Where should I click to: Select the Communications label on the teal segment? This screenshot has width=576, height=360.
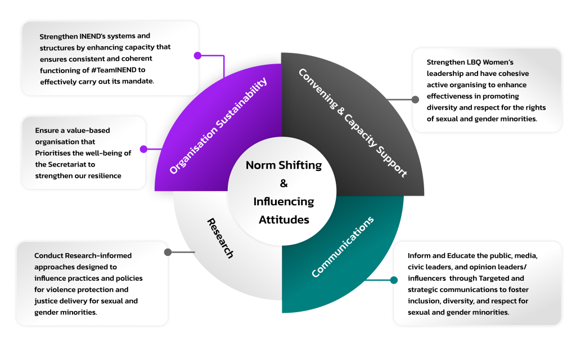click(343, 247)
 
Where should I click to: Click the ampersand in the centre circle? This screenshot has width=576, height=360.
click(283, 183)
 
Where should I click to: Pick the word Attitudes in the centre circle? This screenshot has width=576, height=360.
click(283, 219)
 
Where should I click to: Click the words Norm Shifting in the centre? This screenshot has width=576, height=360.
click(283, 165)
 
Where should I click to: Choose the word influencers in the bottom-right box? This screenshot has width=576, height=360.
click(431, 278)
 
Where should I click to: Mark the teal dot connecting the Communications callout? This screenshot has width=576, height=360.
click(394, 280)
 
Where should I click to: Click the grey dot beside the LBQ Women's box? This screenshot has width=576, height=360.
click(415, 100)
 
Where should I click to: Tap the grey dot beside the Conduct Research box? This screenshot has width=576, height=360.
click(168, 252)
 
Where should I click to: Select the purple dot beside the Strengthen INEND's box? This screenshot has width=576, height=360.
click(197, 56)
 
